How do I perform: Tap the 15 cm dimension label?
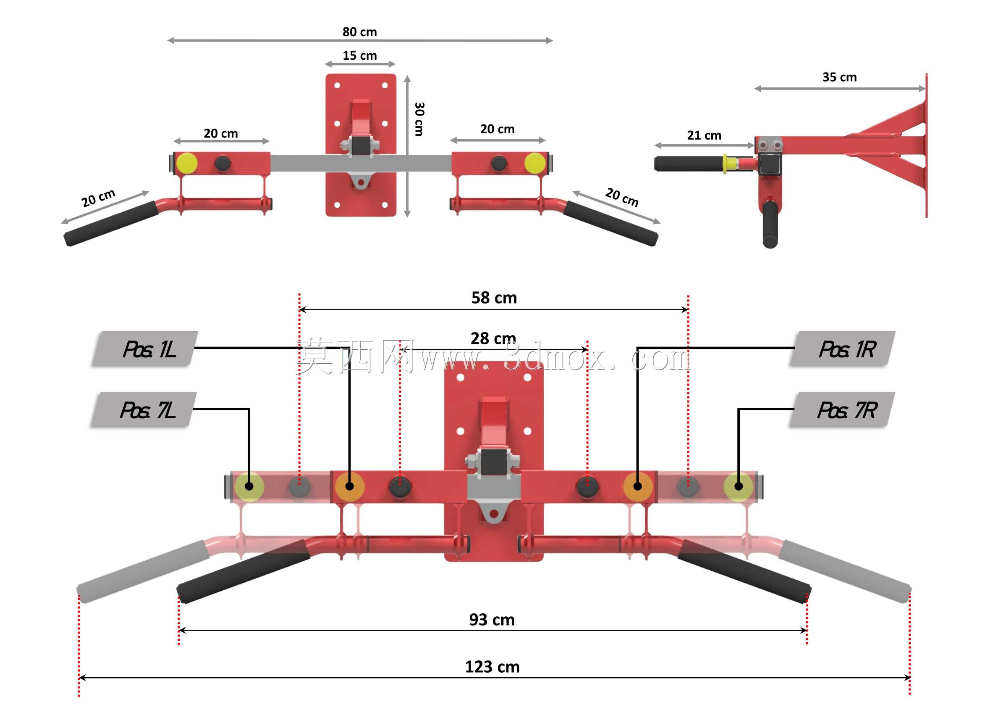pos(359,55)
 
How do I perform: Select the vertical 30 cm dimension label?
pos(419,119)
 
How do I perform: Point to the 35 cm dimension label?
pos(839,77)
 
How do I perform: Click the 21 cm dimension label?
pos(704,136)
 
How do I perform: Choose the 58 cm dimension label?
pos(494,298)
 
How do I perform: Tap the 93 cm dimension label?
pos(492,620)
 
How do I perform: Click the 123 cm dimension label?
pos(492,667)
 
